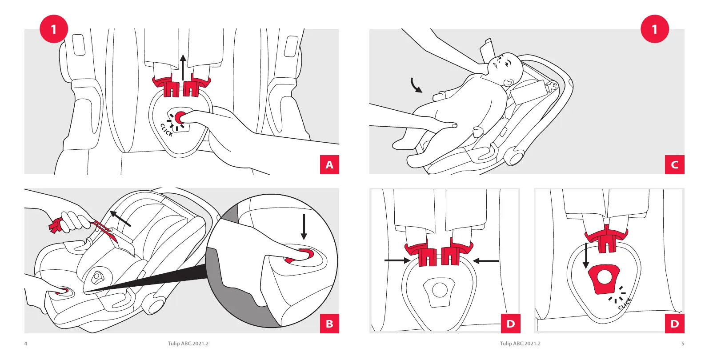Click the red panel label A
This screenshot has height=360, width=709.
(329, 164)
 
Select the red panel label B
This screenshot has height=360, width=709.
(329, 323)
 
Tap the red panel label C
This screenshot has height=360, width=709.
(674, 164)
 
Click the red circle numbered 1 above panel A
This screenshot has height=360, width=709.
(54, 29)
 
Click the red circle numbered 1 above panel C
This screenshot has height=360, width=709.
(655, 29)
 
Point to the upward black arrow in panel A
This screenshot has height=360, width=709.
(183, 68)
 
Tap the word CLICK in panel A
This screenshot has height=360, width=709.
(167, 130)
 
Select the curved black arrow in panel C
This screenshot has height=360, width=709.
(416, 85)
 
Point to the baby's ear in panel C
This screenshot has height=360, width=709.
(508, 83)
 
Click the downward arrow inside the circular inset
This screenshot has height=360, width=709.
(304, 227)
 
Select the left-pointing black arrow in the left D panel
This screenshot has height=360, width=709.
(486, 261)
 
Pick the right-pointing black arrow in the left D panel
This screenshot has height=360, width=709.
(397, 261)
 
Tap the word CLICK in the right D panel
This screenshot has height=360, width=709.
(625, 304)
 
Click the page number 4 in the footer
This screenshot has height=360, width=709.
(26, 344)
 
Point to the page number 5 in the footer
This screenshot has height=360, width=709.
(683, 344)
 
